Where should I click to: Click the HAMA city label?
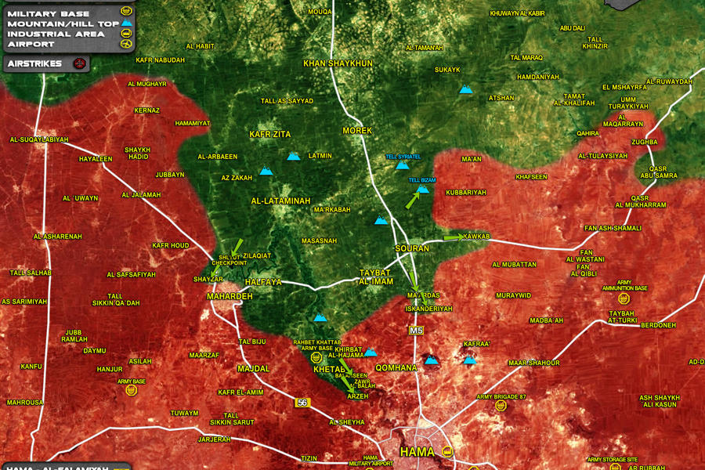(x=416, y=452)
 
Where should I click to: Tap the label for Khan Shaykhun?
(x=338, y=63)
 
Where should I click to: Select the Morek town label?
(x=357, y=130)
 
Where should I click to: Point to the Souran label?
(x=411, y=248)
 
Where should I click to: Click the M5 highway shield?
(x=415, y=331)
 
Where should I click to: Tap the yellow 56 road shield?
(x=302, y=402)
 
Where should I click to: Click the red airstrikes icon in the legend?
(x=78, y=63)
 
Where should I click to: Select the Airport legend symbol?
(x=125, y=44)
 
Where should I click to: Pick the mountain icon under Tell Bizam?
(x=423, y=189)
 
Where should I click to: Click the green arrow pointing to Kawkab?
(x=454, y=237)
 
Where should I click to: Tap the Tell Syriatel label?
(x=403, y=157)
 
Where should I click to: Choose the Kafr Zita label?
(x=269, y=135)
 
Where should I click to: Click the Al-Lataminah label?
(x=280, y=201)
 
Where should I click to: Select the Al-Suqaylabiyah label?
(x=39, y=139)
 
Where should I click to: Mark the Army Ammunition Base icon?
(x=624, y=298)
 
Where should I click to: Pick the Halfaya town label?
(x=263, y=281)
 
